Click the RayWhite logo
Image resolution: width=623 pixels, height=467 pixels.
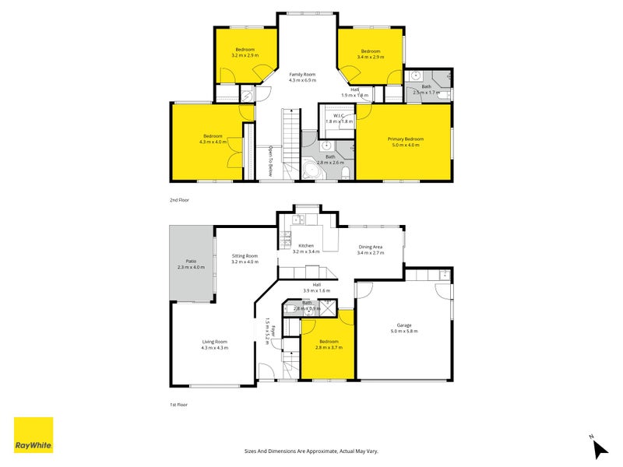[33, 435]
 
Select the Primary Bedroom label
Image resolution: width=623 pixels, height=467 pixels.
[403, 139]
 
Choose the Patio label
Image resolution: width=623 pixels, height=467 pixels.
[191, 261]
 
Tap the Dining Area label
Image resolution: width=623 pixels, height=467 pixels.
[371, 247]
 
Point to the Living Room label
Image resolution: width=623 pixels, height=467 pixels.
[214, 342]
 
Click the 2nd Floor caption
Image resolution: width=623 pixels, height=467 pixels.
[180, 200]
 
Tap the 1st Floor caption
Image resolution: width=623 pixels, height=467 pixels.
[180, 405]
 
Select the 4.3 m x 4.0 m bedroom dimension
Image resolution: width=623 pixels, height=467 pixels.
[212, 142]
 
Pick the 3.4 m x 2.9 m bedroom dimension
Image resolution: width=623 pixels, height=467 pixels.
[371, 57]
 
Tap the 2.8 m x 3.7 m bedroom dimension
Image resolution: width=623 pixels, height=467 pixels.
[329, 347]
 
